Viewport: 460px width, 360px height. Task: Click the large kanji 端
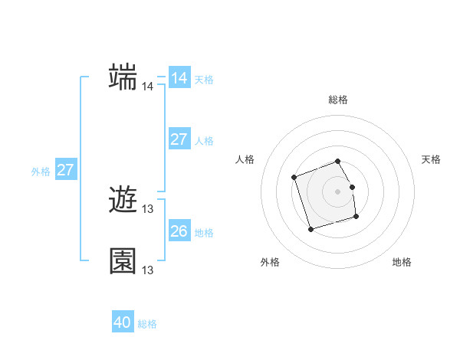[123, 77]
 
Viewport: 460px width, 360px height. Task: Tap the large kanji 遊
[123, 201]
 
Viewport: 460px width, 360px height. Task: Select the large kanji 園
[123, 261]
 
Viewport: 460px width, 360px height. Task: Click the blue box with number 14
[179, 78]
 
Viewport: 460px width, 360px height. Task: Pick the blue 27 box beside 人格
[179, 139]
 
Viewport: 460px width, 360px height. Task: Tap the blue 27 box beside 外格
[65, 170]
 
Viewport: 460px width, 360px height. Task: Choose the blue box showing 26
[179, 231]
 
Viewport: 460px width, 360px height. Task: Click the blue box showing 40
[122, 322]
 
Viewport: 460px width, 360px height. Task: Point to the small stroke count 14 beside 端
[147, 87]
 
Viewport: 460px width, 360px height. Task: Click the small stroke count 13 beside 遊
[147, 209]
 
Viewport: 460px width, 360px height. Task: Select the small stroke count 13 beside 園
[147, 270]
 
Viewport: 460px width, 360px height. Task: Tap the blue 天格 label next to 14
[204, 80]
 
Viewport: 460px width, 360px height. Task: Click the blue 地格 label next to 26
[204, 233]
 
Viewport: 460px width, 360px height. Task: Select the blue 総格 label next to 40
[147, 324]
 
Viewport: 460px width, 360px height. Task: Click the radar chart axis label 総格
[337, 100]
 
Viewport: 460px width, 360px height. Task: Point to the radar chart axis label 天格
[431, 159]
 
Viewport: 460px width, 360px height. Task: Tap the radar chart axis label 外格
[270, 262]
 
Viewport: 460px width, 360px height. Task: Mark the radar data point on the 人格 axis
[294, 178]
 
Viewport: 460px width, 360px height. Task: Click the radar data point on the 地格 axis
[356, 217]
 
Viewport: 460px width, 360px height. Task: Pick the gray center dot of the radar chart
[337, 191]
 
